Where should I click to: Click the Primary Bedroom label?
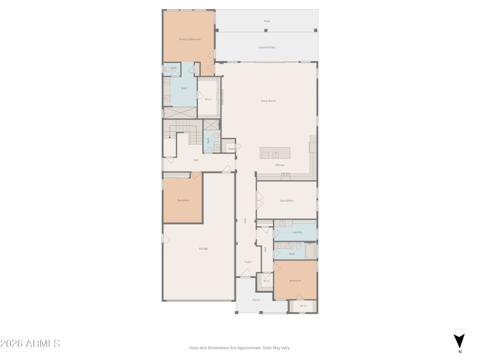190,39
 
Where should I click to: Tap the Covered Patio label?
266,47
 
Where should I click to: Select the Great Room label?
268,101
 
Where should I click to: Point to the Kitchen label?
280,164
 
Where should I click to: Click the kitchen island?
275,152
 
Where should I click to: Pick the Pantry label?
231,148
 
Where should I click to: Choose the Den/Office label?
286,200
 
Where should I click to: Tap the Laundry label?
296,232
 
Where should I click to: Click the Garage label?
203,248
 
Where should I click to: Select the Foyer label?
247,262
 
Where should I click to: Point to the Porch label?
256,299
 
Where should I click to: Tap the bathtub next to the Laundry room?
310,251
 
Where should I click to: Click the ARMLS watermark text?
30,344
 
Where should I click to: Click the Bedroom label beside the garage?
183,200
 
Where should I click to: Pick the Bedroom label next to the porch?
295,280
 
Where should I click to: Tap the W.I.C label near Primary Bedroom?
208,99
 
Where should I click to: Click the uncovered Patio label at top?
266,21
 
